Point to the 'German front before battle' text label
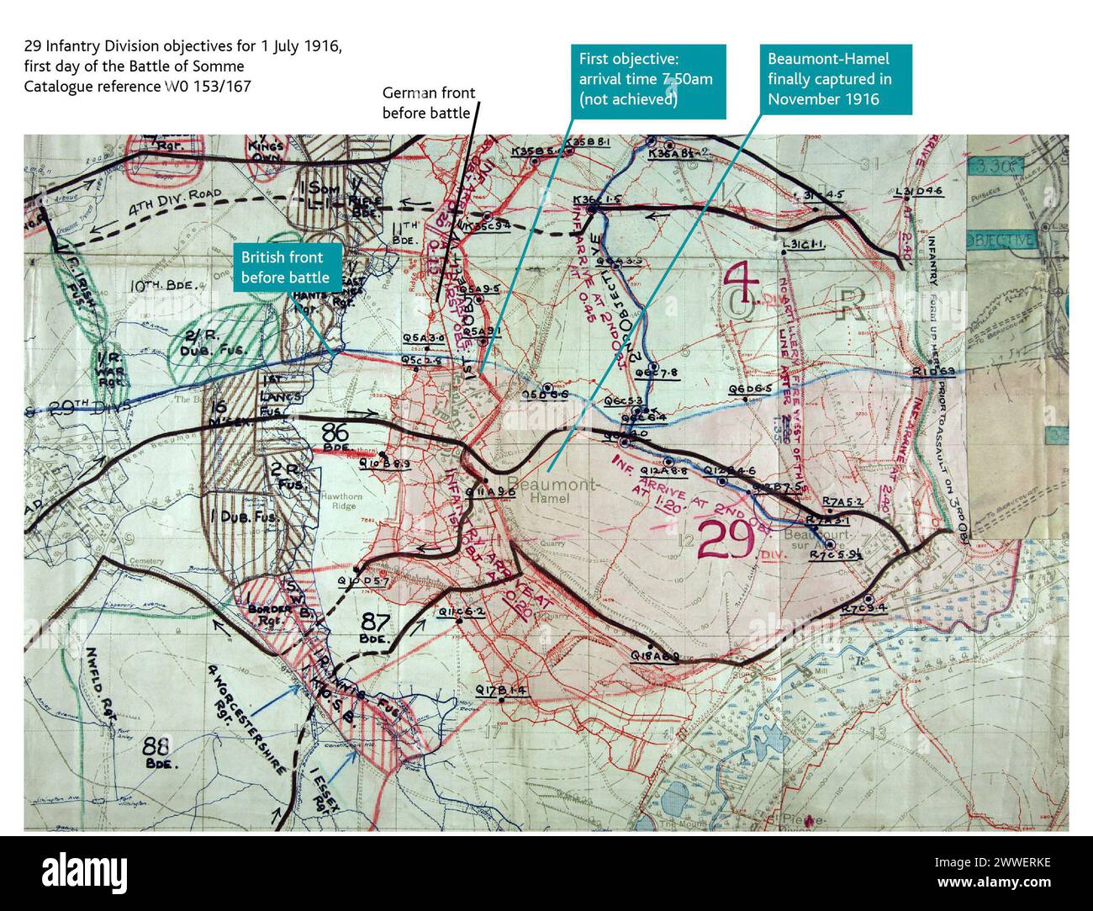428,103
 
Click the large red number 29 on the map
726,540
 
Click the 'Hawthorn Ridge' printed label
338,503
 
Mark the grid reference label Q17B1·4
500,691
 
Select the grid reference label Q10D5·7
362,581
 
